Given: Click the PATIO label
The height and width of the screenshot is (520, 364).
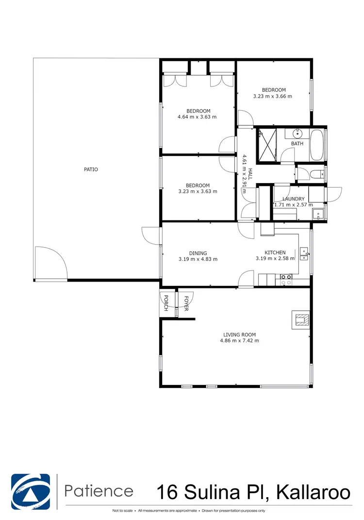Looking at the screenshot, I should (91, 169).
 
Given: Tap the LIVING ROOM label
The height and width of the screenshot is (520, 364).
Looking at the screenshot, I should (239, 335).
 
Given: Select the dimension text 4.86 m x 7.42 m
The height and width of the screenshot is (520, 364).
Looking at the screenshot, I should (239, 341).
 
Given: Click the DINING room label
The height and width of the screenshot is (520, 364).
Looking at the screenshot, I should (198, 253).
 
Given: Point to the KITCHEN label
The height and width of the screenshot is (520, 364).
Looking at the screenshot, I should (275, 252).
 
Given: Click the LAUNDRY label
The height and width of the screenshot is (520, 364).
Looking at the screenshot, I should (294, 199).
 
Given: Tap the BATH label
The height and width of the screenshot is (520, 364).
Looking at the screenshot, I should (297, 144).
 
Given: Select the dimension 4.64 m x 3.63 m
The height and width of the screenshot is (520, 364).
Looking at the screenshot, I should (197, 117).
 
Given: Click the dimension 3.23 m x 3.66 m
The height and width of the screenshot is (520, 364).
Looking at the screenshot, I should (273, 96).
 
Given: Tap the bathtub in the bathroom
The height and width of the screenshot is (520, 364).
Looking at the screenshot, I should (318, 144).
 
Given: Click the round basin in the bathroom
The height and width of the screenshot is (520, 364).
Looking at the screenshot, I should (298, 133).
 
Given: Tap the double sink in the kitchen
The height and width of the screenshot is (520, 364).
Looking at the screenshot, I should (304, 252).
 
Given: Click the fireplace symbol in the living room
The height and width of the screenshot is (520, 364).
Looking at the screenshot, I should (301, 319).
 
